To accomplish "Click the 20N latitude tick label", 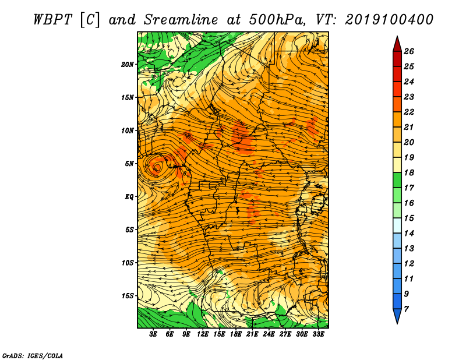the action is tap(127, 65).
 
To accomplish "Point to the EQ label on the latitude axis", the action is tap(129, 197).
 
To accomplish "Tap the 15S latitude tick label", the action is tap(127, 296).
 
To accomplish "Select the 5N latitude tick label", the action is tap(129, 164).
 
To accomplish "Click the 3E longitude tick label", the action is tap(153, 334).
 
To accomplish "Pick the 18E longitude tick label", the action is tap(236, 334).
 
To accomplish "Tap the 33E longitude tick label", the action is tap(318, 334).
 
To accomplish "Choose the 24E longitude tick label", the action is tap(269, 334).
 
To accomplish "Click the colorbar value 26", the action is tap(409, 51).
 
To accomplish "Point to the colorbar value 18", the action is tap(409, 172).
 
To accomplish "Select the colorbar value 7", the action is tap(406, 309).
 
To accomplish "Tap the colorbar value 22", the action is tap(409, 112).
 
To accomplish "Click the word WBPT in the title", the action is tap(52, 20).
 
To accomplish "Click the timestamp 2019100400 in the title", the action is tap(389, 20).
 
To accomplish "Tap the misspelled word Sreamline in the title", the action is tap(181, 20).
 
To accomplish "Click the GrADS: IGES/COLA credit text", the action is tap(33, 355).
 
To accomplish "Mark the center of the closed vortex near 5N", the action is tap(157, 167).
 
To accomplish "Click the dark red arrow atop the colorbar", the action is tap(397, 44).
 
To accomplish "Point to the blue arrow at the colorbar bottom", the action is tap(397, 316).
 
